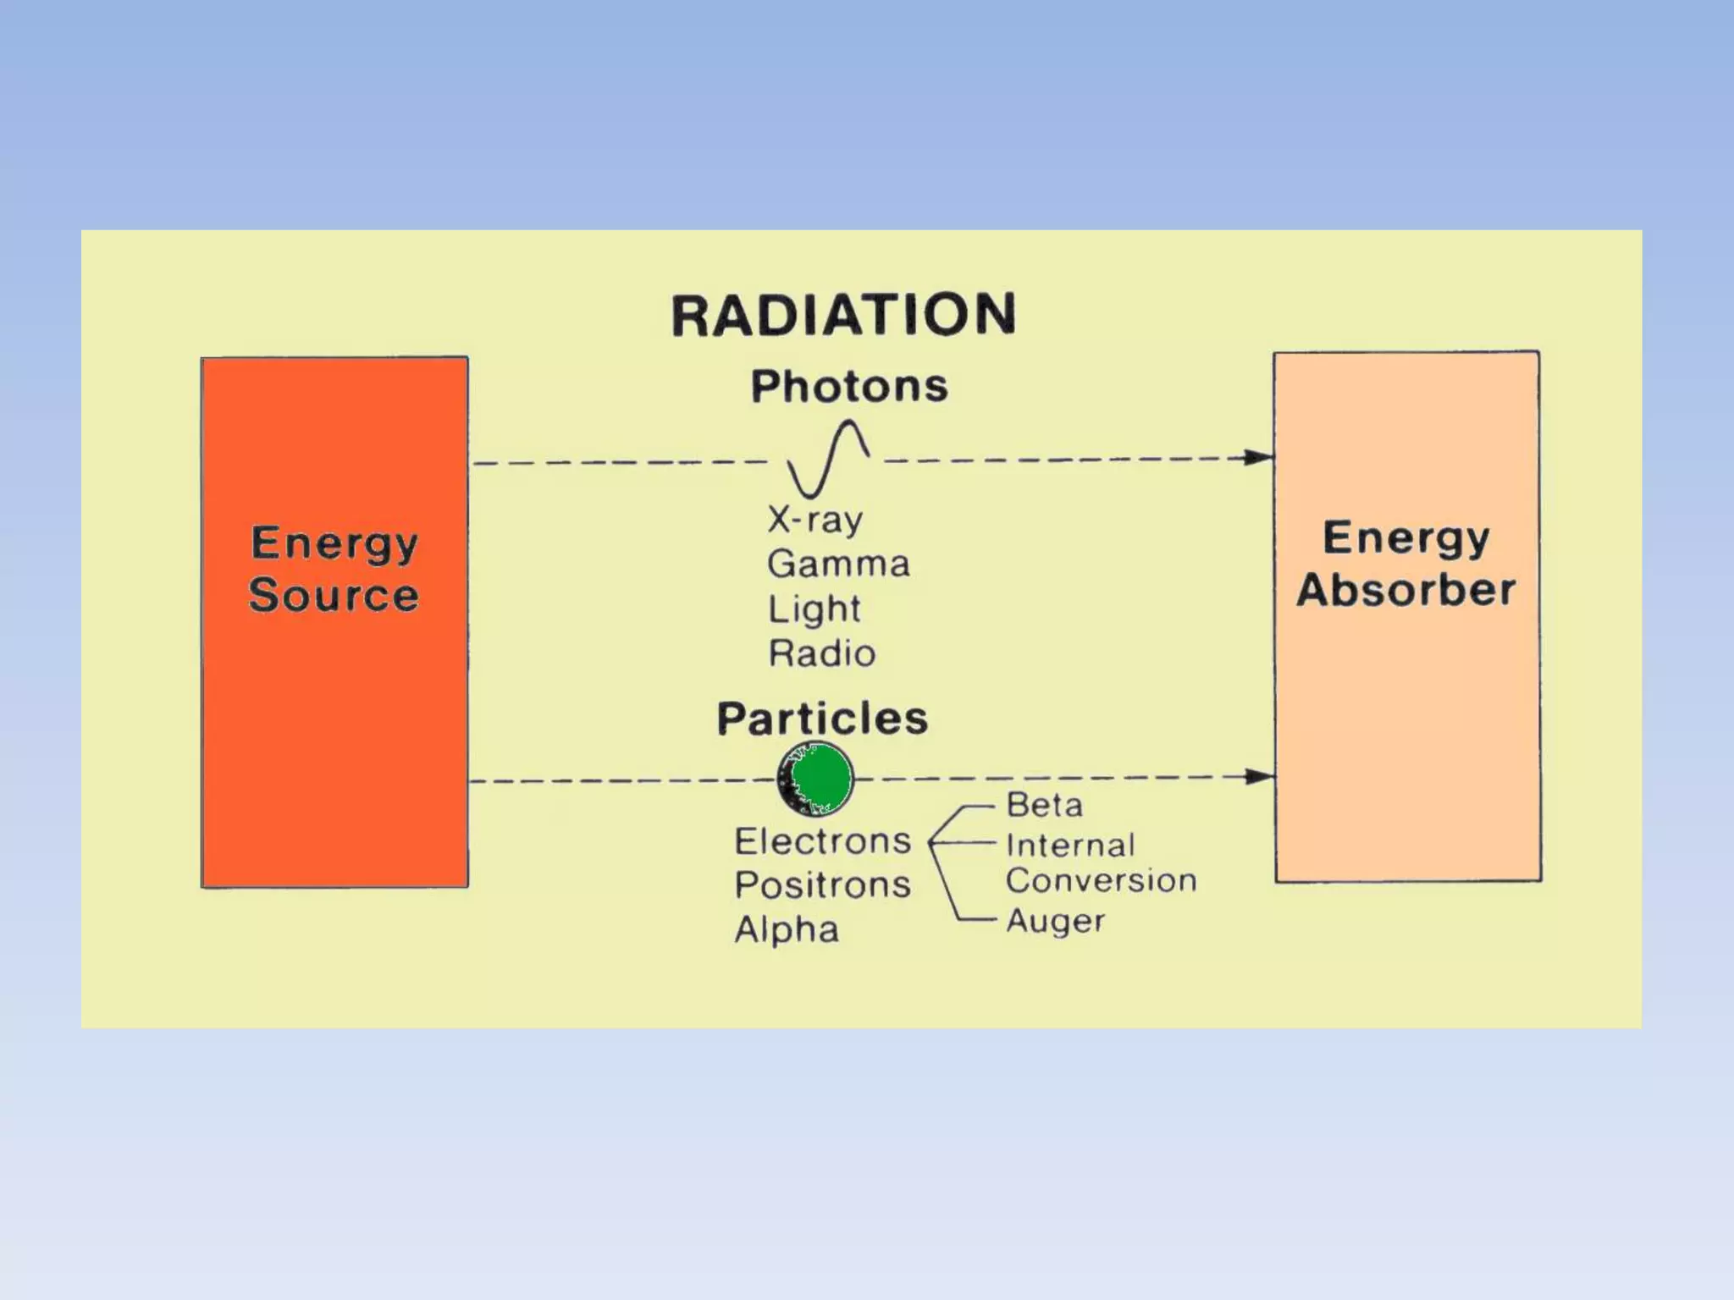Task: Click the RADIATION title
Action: tap(843, 315)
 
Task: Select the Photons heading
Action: tap(849, 387)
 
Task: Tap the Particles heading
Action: tap(822, 719)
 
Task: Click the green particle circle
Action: tap(815, 779)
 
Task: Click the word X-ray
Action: tap(815, 520)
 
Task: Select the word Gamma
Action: tap(838, 564)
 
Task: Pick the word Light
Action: tap(814, 609)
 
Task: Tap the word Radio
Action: tap(821, 653)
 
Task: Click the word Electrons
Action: tap(822, 841)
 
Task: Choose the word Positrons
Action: tap(822, 885)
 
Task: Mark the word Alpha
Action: tap(787, 929)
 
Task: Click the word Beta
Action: tap(1044, 805)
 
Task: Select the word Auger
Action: tap(1055, 921)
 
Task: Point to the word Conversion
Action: tap(1101, 881)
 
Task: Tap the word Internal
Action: tap(1070, 845)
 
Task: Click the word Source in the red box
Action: tap(334, 594)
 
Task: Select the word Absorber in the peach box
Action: tap(1405, 590)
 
